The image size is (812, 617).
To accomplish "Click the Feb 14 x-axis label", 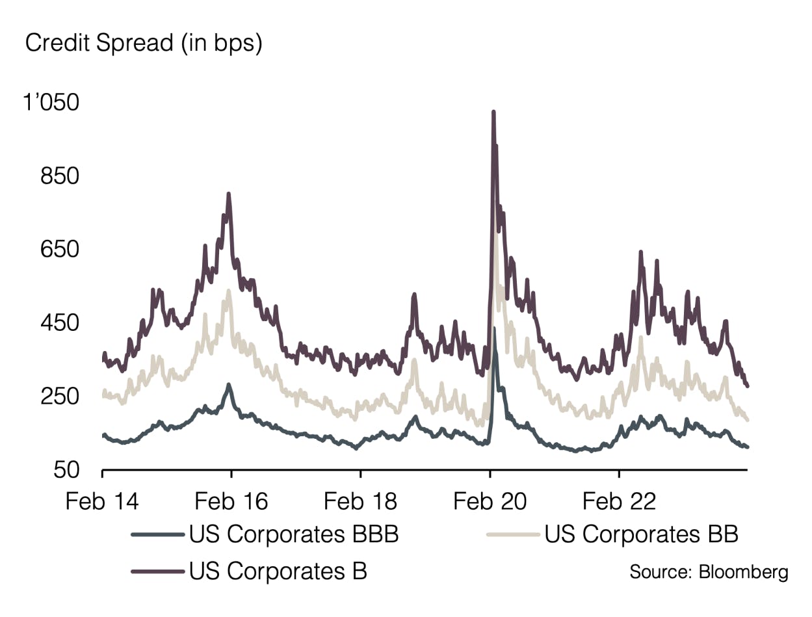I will tap(102, 502).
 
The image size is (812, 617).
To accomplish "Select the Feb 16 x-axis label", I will tap(231, 502).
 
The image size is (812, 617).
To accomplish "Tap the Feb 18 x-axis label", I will tap(360, 502).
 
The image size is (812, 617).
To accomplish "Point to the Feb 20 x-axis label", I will tap(490, 502).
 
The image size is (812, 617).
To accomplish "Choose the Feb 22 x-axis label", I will tap(619, 502).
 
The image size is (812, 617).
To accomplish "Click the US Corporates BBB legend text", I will tap(294, 534).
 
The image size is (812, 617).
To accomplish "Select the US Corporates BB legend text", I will tap(641, 534).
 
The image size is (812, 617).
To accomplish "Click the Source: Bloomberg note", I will tap(709, 572).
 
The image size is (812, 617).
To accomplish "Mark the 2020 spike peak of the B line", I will tap(493, 112).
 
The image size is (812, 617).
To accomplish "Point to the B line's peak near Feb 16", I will tap(229, 194).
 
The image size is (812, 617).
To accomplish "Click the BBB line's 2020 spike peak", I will tap(494, 329).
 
